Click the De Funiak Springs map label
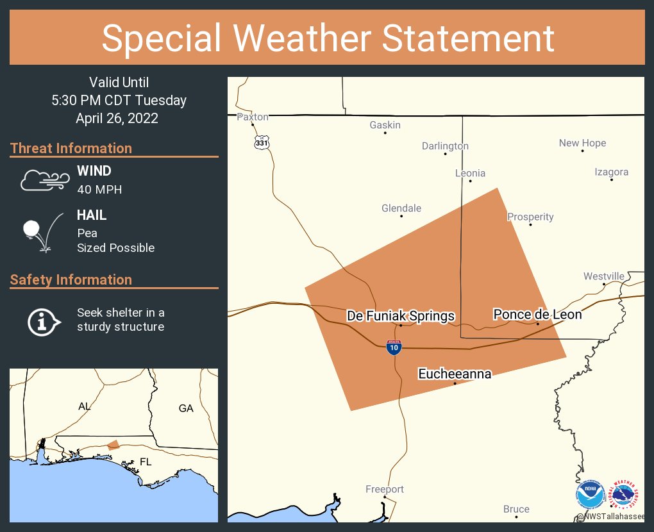click(x=401, y=315)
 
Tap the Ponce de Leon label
click(x=537, y=314)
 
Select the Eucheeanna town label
click(x=455, y=373)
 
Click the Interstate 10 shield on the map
click(x=394, y=347)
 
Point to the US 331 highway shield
click(x=261, y=142)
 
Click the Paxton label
click(x=253, y=117)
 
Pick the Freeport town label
click(x=385, y=489)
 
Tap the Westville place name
click(x=603, y=276)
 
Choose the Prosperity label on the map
click(x=530, y=217)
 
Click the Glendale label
click(x=401, y=208)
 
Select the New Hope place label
click(x=582, y=143)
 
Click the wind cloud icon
click(x=44, y=180)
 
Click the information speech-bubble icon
click(x=44, y=320)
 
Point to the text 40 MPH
click(x=99, y=189)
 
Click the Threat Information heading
click(x=71, y=148)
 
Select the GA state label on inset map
click(x=186, y=408)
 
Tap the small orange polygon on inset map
click(x=113, y=444)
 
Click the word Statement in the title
click(x=469, y=38)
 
